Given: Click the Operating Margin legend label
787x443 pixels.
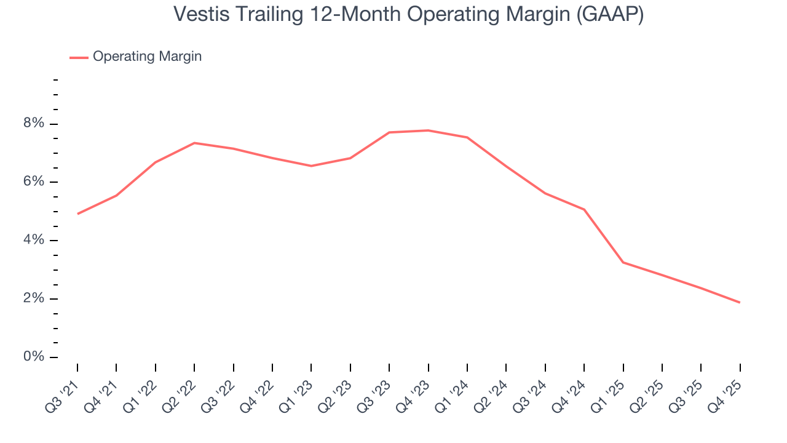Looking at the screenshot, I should (147, 57).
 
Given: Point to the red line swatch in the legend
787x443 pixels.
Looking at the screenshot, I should (79, 57).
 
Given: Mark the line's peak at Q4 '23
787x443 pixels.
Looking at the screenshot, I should (428, 130).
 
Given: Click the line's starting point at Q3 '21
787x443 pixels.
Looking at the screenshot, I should (77, 214).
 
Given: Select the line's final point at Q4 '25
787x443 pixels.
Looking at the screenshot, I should (739, 302).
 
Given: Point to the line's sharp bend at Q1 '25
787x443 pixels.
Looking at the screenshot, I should (623, 262).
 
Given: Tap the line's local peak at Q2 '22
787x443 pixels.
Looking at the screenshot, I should (194, 143).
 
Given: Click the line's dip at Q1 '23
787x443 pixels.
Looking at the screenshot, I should (311, 166).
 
